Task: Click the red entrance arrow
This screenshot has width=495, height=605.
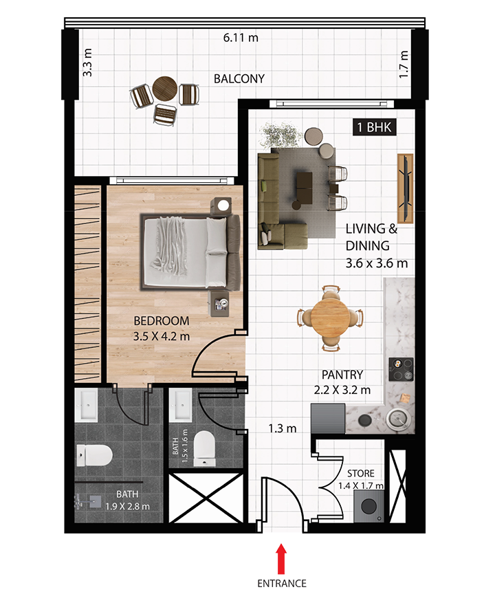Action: [282, 559]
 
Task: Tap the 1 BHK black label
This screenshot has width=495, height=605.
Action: [374, 127]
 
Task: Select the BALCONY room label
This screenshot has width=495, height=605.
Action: [239, 78]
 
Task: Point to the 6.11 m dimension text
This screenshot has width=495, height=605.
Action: [241, 38]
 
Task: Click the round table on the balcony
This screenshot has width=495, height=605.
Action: [165, 89]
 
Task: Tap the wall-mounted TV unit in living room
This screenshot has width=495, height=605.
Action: [405, 188]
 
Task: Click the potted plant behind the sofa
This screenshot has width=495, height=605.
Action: [280, 135]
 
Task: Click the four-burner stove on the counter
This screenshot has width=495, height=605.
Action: [401, 369]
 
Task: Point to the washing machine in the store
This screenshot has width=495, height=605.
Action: [369, 507]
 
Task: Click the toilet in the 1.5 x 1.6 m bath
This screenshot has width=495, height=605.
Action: [204, 448]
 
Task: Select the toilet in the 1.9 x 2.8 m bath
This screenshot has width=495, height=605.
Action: [94, 455]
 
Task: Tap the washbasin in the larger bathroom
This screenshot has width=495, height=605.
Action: [87, 405]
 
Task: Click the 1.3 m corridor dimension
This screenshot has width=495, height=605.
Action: [283, 428]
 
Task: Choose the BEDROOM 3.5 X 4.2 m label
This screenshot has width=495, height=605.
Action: [162, 329]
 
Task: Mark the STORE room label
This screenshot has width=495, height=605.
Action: [361, 474]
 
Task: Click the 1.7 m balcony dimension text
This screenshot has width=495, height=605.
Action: [404, 65]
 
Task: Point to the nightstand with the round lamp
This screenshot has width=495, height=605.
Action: [221, 206]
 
